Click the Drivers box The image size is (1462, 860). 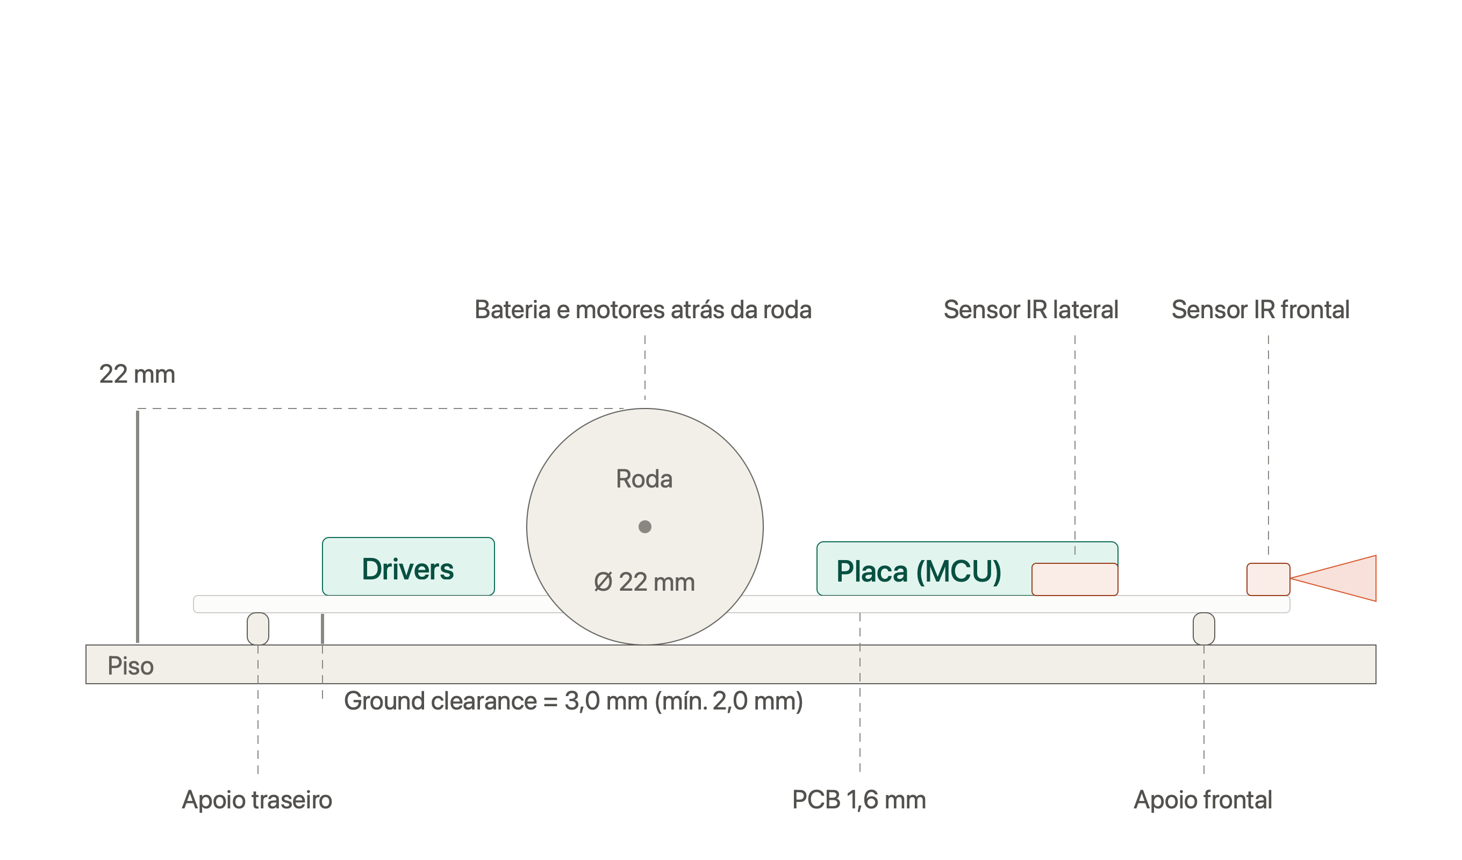click(x=408, y=567)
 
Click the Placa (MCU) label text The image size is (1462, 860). click(x=919, y=571)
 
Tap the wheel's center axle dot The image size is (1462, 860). click(x=645, y=527)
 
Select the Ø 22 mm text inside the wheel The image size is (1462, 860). click(x=644, y=582)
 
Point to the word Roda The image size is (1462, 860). click(x=644, y=479)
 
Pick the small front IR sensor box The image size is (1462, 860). click(x=1269, y=579)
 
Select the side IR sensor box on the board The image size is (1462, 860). click(x=1075, y=579)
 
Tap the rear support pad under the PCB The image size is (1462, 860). click(x=258, y=629)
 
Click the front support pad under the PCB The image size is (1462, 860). click(x=1204, y=629)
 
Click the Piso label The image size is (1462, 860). click(x=131, y=665)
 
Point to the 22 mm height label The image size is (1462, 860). click(x=137, y=374)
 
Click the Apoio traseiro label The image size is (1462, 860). click(x=257, y=800)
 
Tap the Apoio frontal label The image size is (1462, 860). click(x=1203, y=800)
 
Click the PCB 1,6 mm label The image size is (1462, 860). click(x=859, y=800)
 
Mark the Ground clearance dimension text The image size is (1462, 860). click(x=574, y=701)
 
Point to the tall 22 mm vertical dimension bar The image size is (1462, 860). click(x=138, y=527)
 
